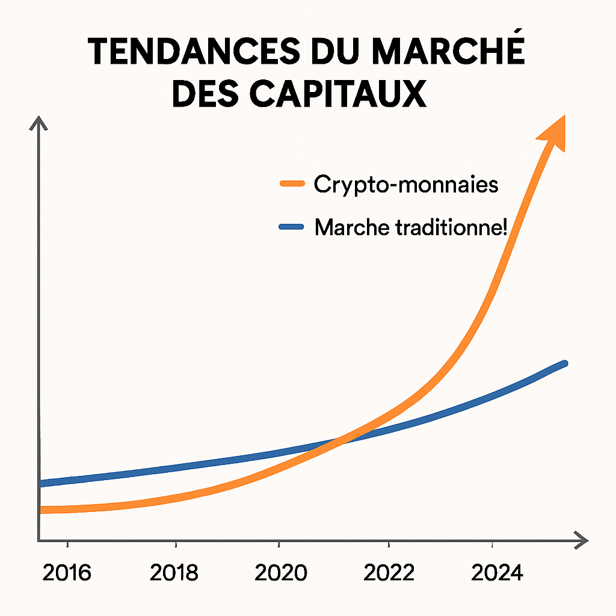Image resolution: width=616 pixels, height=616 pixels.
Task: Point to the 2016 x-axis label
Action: pos(67,573)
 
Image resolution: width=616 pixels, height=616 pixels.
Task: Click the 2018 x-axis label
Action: pos(174,573)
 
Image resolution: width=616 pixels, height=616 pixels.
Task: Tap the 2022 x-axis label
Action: pos(389,573)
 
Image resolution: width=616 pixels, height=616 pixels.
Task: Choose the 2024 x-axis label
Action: pos(497,573)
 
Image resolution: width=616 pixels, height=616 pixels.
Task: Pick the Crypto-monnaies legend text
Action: pos(406,184)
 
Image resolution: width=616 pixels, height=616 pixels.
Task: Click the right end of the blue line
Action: pos(564,364)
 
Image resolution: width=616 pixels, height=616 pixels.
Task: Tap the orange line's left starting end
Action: pos(42,510)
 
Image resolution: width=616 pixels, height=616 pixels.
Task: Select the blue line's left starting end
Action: pos(42,482)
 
